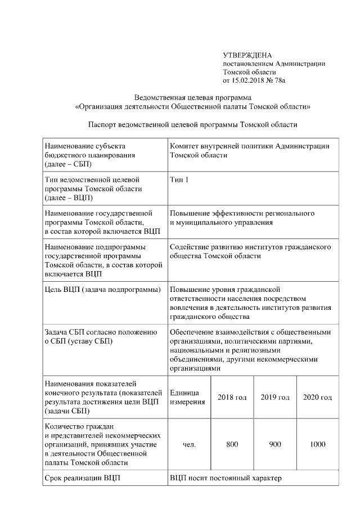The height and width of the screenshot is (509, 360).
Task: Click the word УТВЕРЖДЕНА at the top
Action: click(x=247, y=55)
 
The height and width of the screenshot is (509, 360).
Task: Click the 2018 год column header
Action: click(x=232, y=398)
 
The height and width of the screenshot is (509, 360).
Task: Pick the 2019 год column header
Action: click(x=275, y=398)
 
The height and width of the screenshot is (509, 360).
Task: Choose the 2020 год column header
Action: click(x=318, y=398)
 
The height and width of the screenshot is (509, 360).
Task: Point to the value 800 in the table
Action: click(x=232, y=444)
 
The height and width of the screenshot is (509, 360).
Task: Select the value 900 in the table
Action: click(x=275, y=444)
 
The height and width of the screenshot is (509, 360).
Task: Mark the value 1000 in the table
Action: click(x=318, y=444)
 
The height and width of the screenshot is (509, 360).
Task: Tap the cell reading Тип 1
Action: click(x=179, y=179)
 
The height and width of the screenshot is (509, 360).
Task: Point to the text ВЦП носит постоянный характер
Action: click(x=225, y=478)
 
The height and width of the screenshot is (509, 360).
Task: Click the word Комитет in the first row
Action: click(x=186, y=146)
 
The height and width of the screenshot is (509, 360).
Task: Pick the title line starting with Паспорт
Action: click(x=192, y=124)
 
